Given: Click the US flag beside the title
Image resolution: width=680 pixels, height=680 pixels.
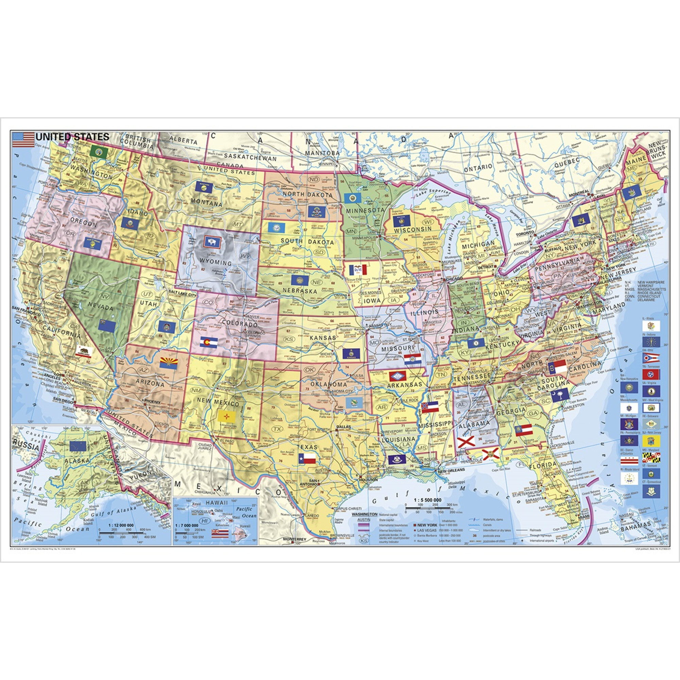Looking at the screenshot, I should (x=23, y=139).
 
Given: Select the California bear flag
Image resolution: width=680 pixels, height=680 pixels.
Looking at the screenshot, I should (x=84, y=351).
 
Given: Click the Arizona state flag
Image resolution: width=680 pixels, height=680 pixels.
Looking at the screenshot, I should (x=169, y=363).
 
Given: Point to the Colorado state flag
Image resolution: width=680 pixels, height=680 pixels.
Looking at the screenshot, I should (x=209, y=342).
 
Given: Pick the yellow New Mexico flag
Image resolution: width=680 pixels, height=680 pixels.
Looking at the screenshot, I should (x=227, y=417).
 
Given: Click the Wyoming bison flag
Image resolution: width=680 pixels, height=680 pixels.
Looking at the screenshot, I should (x=213, y=241).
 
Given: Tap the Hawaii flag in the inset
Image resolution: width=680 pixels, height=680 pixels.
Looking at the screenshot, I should (x=220, y=532).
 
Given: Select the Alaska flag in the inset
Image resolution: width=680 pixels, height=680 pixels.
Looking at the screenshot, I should (x=78, y=446).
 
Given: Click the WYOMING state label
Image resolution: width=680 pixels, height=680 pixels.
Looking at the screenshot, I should (x=215, y=262).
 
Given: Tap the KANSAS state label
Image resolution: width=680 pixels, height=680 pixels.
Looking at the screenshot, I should (x=323, y=338).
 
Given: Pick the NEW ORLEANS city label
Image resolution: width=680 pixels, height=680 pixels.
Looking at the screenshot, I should (x=451, y=470).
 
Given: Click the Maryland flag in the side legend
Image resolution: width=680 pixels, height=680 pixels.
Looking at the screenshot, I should (x=651, y=457).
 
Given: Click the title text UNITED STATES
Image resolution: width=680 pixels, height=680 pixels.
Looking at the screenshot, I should (x=72, y=137).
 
